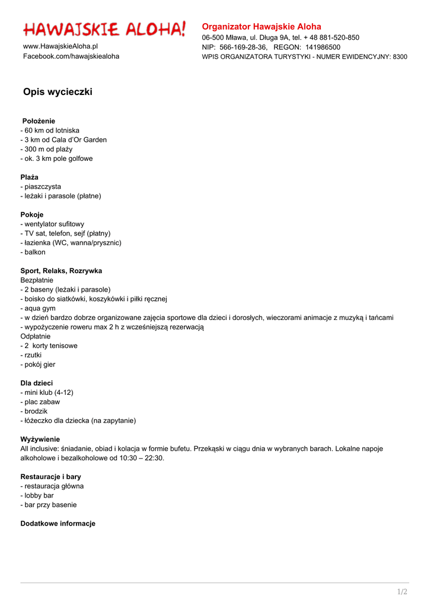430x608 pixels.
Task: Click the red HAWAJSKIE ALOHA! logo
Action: tap(104, 29)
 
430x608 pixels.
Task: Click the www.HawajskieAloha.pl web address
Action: tap(60, 46)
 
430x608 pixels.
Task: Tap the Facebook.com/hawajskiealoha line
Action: tap(71, 56)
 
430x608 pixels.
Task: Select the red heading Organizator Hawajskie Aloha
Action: tap(262, 27)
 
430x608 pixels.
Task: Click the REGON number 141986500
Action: tap(323, 47)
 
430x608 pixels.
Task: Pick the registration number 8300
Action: tap(400, 57)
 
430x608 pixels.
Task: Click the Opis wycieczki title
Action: tap(58, 92)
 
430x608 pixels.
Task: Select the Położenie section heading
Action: tap(39, 121)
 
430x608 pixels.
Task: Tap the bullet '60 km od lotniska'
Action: tap(51, 131)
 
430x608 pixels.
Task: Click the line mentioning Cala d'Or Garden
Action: tap(64, 140)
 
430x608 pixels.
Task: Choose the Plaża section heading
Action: tap(30, 177)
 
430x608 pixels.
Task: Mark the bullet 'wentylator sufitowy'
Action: tap(53, 224)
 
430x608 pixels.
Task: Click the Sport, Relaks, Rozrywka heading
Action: tap(61, 271)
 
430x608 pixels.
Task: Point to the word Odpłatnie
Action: tap(36, 336)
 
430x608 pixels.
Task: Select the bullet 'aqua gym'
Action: tap(39, 309)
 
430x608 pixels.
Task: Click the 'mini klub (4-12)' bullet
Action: tap(48, 392)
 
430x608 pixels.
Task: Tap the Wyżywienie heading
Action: tap(40, 439)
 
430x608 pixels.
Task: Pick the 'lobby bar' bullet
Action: tap(38, 495)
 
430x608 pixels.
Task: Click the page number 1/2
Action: tap(402, 592)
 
